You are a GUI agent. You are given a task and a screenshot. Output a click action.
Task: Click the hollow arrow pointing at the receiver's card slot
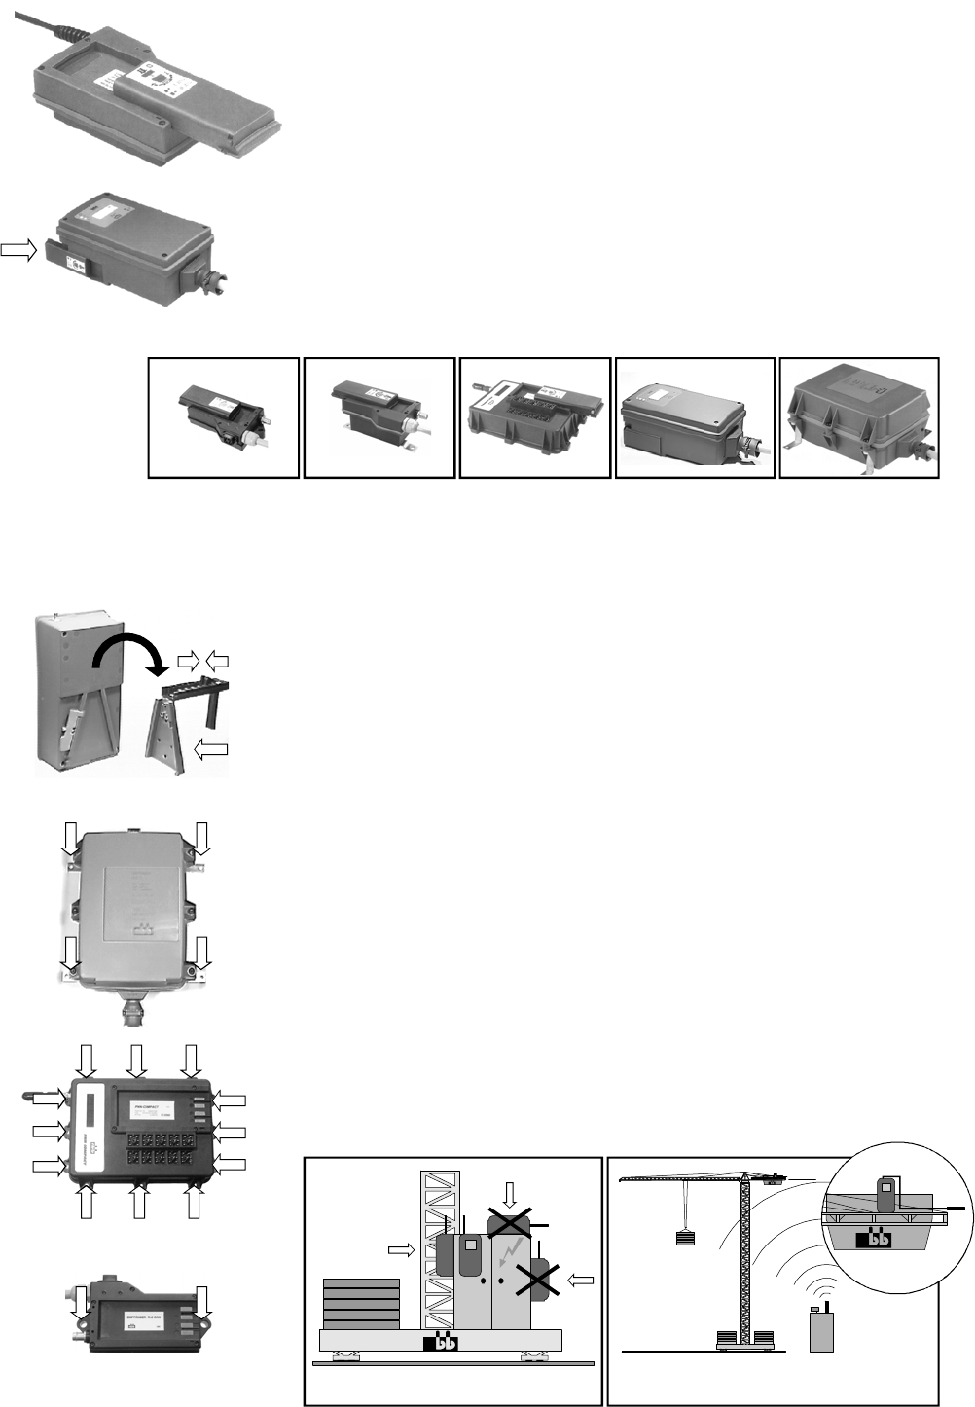[18, 250]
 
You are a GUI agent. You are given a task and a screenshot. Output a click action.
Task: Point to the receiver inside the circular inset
[886, 1194]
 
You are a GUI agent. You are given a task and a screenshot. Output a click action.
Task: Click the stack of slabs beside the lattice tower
[361, 1303]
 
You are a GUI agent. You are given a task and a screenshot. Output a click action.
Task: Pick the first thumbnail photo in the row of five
[224, 417]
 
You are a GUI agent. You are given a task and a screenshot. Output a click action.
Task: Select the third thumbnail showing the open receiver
[534, 417]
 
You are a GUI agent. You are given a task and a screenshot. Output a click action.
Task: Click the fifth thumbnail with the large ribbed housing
[859, 417]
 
